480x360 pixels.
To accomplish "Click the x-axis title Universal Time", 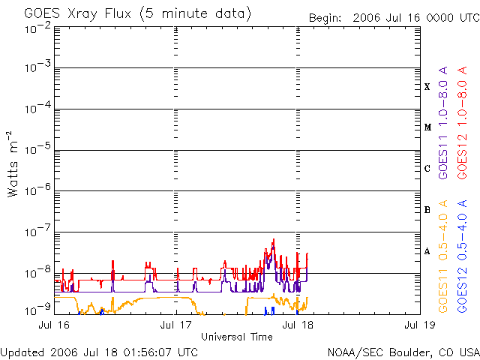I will [x=237, y=337].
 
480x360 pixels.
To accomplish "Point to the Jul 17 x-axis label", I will [x=177, y=325].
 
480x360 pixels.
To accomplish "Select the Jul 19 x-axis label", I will [x=418, y=325].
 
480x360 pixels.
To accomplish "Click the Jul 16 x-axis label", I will [x=55, y=325].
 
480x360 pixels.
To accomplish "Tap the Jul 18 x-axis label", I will [x=298, y=325].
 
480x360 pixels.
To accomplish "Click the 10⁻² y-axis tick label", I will [x=37, y=28].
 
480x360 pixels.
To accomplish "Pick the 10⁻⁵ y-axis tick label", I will [x=37, y=151].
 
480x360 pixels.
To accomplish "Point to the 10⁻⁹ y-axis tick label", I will [x=37, y=310].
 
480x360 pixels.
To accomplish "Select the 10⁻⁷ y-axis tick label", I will [x=37, y=230].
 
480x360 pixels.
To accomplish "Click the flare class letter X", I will [x=427, y=87].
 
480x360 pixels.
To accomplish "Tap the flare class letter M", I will [x=427, y=127].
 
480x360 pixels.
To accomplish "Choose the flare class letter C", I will [x=427, y=169].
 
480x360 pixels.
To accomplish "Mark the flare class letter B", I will [x=427, y=210].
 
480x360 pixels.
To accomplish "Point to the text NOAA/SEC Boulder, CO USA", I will [x=403, y=352].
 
